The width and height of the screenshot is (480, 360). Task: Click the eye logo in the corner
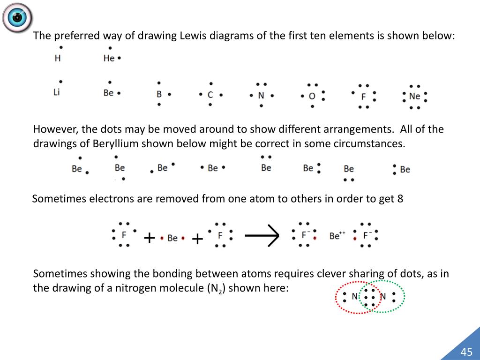click(x=17, y=18)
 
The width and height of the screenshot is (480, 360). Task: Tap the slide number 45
click(x=466, y=352)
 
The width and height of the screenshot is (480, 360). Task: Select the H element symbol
click(x=58, y=59)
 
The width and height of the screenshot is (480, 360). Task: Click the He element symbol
click(x=109, y=59)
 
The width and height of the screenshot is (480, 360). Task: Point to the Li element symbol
click(x=57, y=92)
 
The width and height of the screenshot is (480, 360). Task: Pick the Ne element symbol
click(x=414, y=96)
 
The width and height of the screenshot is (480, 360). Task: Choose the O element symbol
click(x=312, y=96)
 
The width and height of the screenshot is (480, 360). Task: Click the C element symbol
click(x=210, y=95)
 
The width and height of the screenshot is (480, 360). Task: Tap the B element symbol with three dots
click(x=159, y=94)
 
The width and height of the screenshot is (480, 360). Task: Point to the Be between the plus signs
click(x=172, y=238)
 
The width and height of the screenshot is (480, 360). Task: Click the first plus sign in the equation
click(x=149, y=239)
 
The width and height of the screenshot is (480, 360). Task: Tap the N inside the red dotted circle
click(x=355, y=296)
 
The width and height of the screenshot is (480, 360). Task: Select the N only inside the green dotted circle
click(x=382, y=296)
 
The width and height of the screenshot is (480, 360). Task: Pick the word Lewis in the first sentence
click(x=191, y=36)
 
